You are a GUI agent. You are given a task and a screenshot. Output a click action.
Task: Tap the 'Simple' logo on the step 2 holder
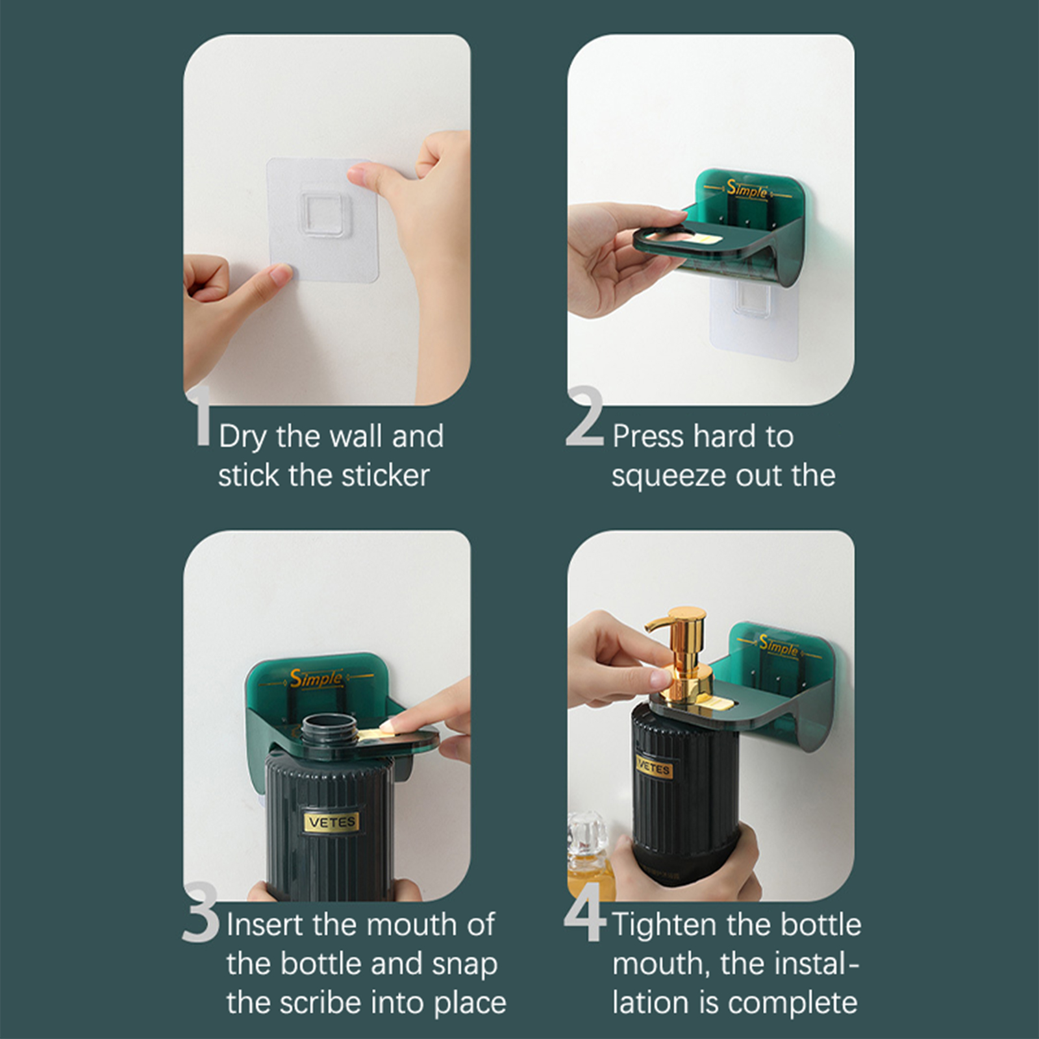tap(747, 190)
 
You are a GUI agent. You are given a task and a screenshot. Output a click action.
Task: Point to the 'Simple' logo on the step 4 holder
tap(779, 645)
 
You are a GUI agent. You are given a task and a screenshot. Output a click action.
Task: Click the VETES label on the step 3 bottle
tap(332, 822)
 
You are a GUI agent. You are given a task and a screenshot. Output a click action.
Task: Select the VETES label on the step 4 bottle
tap(653, 769)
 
